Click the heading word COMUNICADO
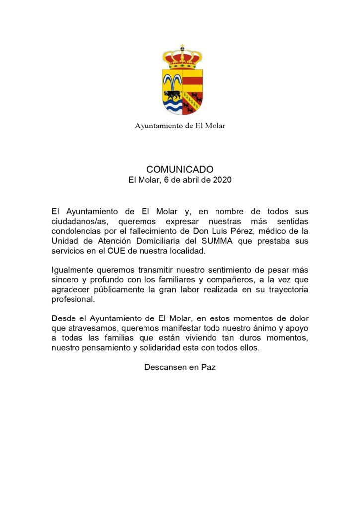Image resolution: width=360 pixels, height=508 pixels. click(x=180, y=170)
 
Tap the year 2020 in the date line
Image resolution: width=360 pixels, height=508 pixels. click(x=222, y=180)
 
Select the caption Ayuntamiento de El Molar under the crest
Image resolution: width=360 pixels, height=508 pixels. click(x=180, y=126)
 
